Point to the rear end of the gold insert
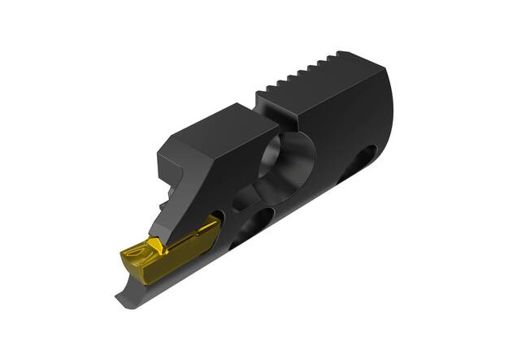pyautogui.click(x=213, y=224)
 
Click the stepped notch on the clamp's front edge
pyautogui.click(x=166, y=182)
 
